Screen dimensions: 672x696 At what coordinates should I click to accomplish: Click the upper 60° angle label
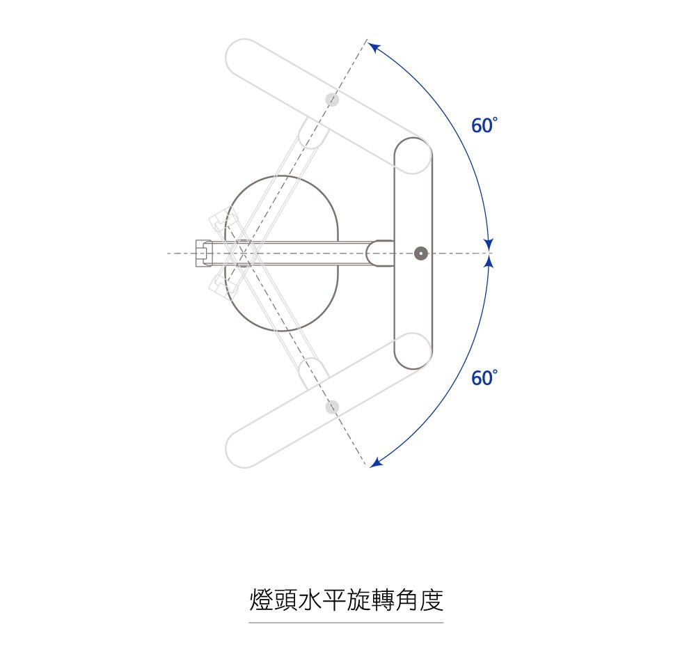pos(485,126)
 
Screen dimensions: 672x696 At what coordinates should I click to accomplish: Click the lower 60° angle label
pos(485,378)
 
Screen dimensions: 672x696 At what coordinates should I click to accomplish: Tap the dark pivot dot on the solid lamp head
pos(420,253)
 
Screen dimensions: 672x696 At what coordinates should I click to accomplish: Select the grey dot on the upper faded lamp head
pos(333,100)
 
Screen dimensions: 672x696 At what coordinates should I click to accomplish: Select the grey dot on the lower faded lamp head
pos(333,406)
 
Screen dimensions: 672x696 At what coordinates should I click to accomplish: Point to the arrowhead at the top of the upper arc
pos(374,47)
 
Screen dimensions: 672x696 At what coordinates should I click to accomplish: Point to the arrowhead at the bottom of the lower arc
pos(375,462)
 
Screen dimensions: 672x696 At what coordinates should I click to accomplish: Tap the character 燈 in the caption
pos(261,600)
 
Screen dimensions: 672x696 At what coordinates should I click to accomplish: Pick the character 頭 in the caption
pos(285,600)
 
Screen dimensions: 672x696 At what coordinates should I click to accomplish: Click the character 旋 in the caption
pos(359,600)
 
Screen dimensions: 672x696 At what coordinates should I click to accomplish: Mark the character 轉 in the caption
pos(383,600)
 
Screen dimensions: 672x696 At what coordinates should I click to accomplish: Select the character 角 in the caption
pos(408,600)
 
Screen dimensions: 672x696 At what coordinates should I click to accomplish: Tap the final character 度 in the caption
pos(432,600)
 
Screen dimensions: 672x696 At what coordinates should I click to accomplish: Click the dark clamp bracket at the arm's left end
pos(203,253)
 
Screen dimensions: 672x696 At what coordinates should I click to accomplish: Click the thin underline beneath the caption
pos(346,623)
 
